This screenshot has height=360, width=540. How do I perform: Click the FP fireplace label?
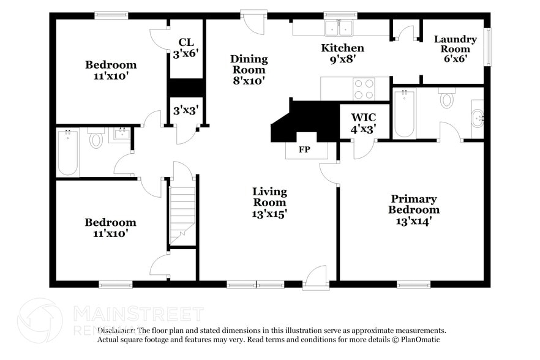[304, 149]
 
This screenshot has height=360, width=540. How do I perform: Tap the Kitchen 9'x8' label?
[343, 53]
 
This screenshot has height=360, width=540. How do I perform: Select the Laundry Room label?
[455, 48]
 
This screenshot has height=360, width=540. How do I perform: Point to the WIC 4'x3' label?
[362, 122]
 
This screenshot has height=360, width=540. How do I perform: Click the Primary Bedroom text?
[414, 209]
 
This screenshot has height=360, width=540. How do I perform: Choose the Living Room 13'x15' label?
[269, 202]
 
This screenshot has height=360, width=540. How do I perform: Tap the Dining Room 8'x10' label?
[249, 69]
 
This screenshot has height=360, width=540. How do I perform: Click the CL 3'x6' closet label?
[186, 48]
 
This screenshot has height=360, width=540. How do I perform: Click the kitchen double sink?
[339, 28]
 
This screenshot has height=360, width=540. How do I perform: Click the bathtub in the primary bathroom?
[405, 113]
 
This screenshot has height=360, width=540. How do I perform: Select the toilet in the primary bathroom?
[447, 99]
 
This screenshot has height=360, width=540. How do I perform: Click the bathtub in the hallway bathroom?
[68, 152]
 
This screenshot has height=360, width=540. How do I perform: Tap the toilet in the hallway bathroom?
[96, 140]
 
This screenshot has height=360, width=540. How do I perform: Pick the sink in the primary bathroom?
[476, 115]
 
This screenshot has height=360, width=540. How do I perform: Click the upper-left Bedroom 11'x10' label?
[110, 70]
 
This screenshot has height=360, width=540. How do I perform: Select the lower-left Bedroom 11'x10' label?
[110, 227]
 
